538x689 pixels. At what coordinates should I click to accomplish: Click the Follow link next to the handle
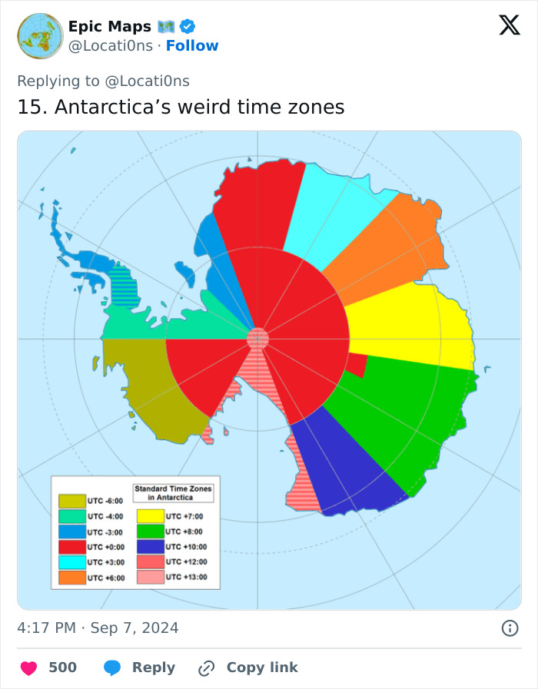[192, 45]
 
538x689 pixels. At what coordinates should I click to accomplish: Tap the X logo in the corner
[509, 26]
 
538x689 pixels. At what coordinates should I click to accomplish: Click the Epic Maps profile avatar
[40, 35]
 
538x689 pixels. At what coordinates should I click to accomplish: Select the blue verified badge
[189, 27]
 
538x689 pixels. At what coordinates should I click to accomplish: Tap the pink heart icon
[28, 667]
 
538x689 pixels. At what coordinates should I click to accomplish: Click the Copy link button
[247, 667]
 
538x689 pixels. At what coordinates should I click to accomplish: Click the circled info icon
[510, 628]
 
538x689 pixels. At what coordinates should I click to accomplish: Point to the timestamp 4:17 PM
[46, 628]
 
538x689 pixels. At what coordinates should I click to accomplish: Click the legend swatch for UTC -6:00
[72, 501]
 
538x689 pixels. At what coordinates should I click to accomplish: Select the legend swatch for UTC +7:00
[151, 516]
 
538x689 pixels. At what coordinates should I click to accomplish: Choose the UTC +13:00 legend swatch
[151, 577]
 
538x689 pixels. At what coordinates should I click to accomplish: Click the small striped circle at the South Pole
[258, 338]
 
